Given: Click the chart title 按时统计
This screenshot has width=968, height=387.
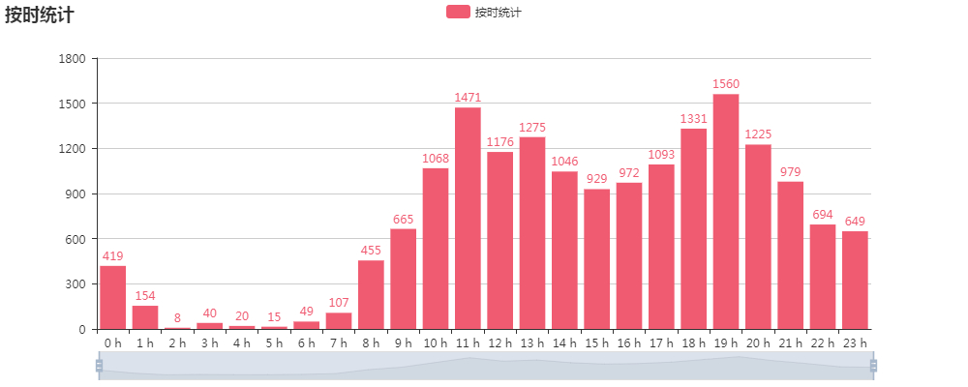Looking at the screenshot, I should click(39, 15).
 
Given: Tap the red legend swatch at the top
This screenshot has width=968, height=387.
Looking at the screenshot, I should click(458, 12).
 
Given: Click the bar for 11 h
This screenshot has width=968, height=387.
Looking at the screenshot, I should click(468, 218).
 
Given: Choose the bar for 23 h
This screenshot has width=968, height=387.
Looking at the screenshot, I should click(855, 280).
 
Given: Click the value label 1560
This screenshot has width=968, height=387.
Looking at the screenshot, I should click(726, 84).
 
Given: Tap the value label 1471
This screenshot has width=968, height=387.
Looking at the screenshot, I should click(468, 98).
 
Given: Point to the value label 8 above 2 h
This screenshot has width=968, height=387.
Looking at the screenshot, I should click(177, 318).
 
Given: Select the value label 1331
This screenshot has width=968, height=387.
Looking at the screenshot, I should click(693, 119).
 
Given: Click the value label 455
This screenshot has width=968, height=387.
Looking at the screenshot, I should click(371, 251).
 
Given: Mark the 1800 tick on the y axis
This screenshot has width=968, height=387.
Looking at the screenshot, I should click(74, 59).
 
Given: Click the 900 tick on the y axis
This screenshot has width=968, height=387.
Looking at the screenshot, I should click(77, 194).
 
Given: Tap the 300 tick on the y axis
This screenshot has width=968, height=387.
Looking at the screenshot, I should click(77, 284).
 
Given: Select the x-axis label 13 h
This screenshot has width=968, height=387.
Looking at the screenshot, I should click(532, 343).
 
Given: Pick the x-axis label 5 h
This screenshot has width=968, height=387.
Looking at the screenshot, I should click(274, 343).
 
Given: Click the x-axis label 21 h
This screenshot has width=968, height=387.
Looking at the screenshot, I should click(790, 343).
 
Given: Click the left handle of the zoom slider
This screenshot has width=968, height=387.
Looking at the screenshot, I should click(99, 365).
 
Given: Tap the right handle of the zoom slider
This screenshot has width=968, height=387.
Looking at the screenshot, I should click(873, 365).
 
